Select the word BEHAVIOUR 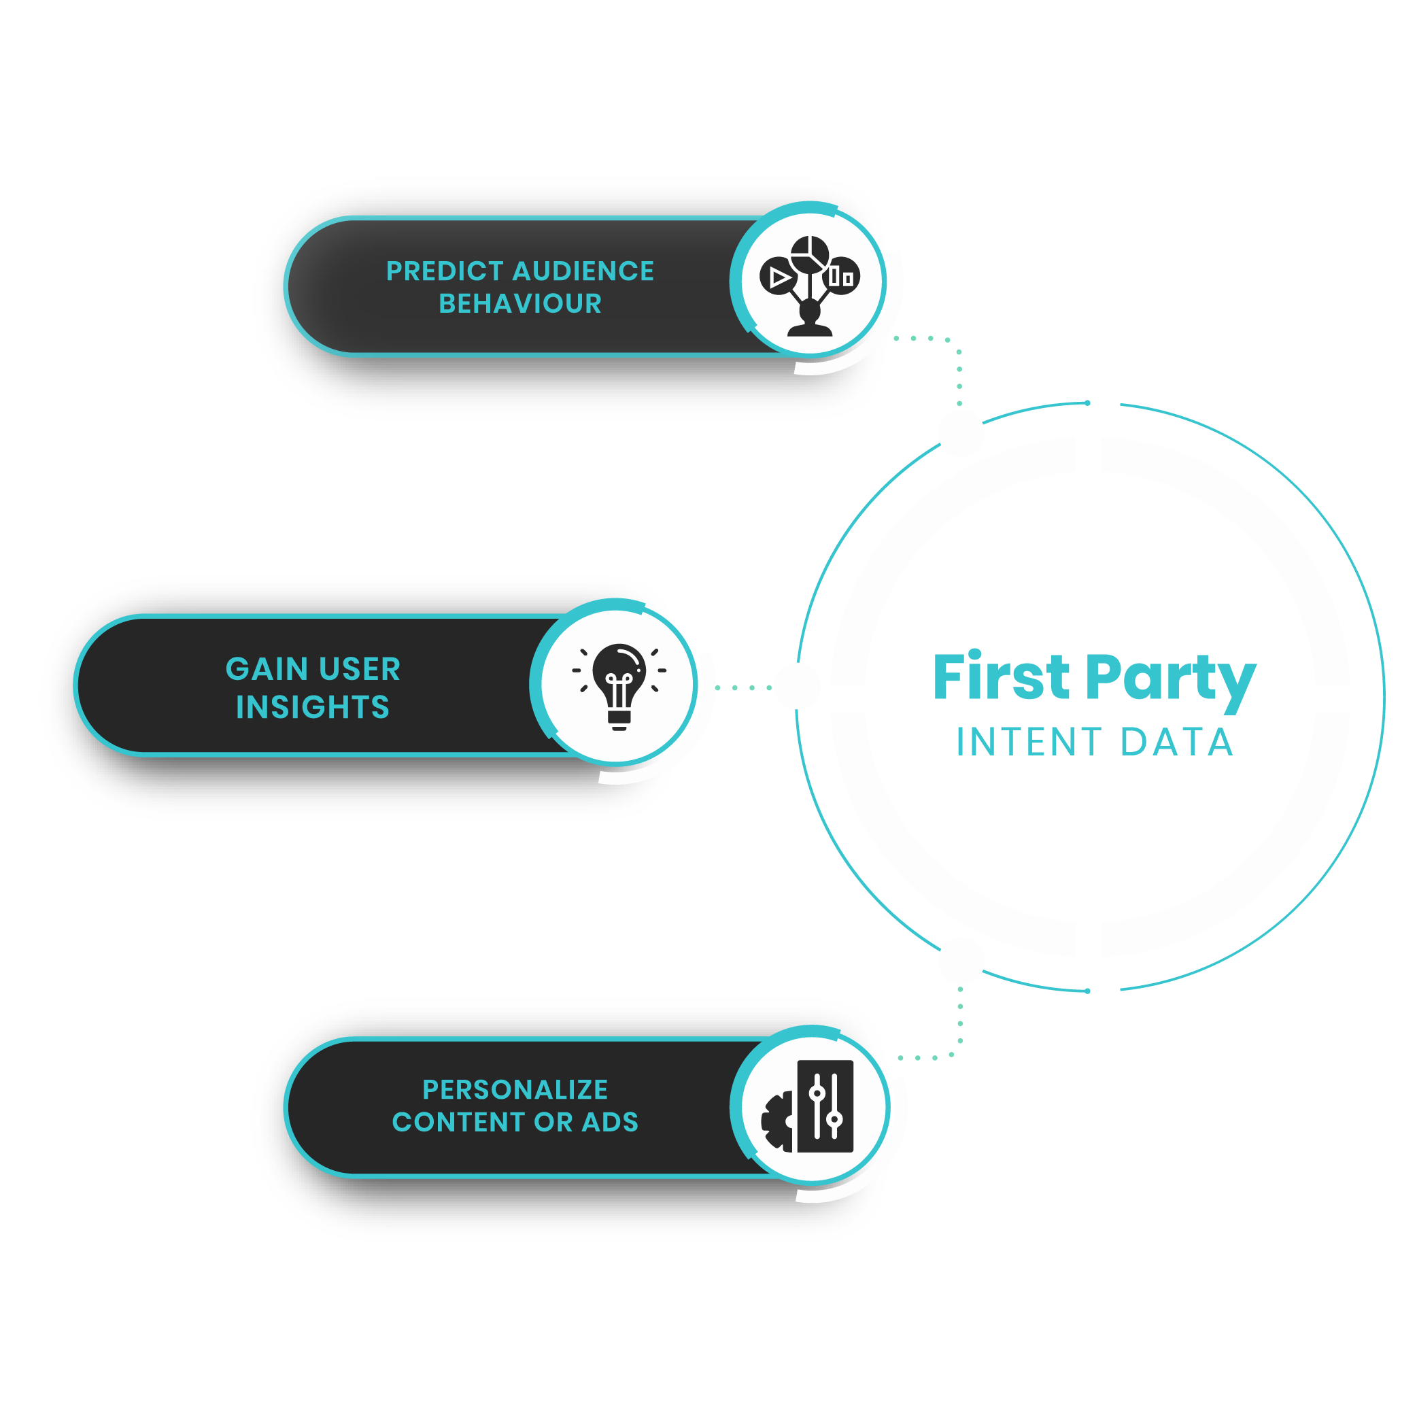(x=520, y=304)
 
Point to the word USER (x=360, y=669)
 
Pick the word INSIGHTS (x=313, y=707)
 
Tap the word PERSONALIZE (x=515, y=1089)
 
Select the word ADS (x=610, y=1122)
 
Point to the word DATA (x=1177, y=742)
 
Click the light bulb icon (x=619, y=683)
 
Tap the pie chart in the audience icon (x=810, y=254)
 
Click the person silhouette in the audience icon (x=810, y=320)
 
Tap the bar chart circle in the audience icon (x=841, y=277)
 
